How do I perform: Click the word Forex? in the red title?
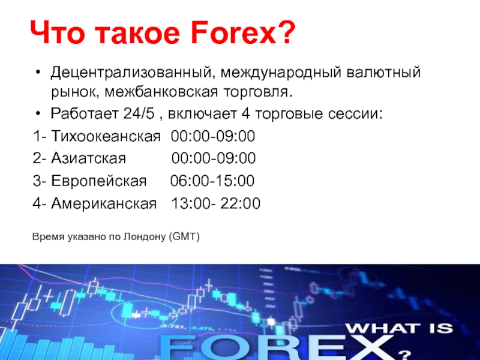pyautogui.click(x=242, y=33)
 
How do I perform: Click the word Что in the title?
pyautogui.click(x=57, y=33)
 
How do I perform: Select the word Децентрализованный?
pyautogui.click(x=131, y=73)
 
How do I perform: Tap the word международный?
pyautogui.click(x=281, y=73)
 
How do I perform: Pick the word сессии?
pyautogui.click(x=355, y=114)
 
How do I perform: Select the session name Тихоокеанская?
pyautogui.click(x=106, y=136)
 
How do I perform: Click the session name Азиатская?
pyautogui.click(x=88, y=158)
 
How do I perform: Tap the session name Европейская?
pyautogui.click(x=99, y=181)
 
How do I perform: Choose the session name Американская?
pyautogui.click(x=104, y=203)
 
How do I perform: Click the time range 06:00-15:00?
pyautogui.click(x=212, y=181)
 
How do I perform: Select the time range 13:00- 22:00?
pyautogui.click(x=216, y=203)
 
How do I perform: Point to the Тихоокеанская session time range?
pyautogui.click(x=213, y=136)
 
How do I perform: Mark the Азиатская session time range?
pyautogui.click(x=214, y=158)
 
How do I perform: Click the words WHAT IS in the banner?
pyautogui.click(x=399, y=328)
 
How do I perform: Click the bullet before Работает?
pyautogui.click(x=38, y=114)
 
